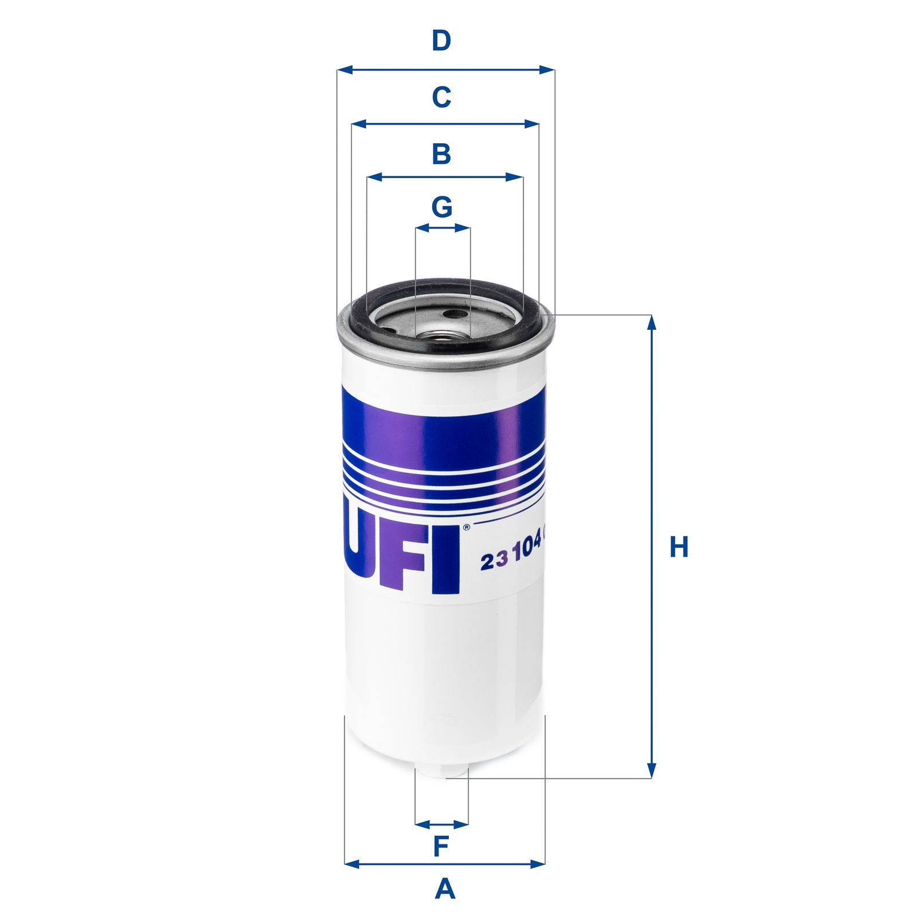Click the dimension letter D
click(441, 41)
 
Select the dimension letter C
click(441, 97)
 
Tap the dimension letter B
click(441, 154)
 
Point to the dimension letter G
click(441, 207)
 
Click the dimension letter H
click(678, 547)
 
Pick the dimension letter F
click(441, 846)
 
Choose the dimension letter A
click(445, 890)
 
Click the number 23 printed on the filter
click(494, 562)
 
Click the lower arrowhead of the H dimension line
click(651, 771)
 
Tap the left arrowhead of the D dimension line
click(343, 70)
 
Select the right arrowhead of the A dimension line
click(538, 864)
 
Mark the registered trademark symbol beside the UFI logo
click(466, 527)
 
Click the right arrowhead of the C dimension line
click(532, 124)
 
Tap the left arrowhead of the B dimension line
click(374, 177)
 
